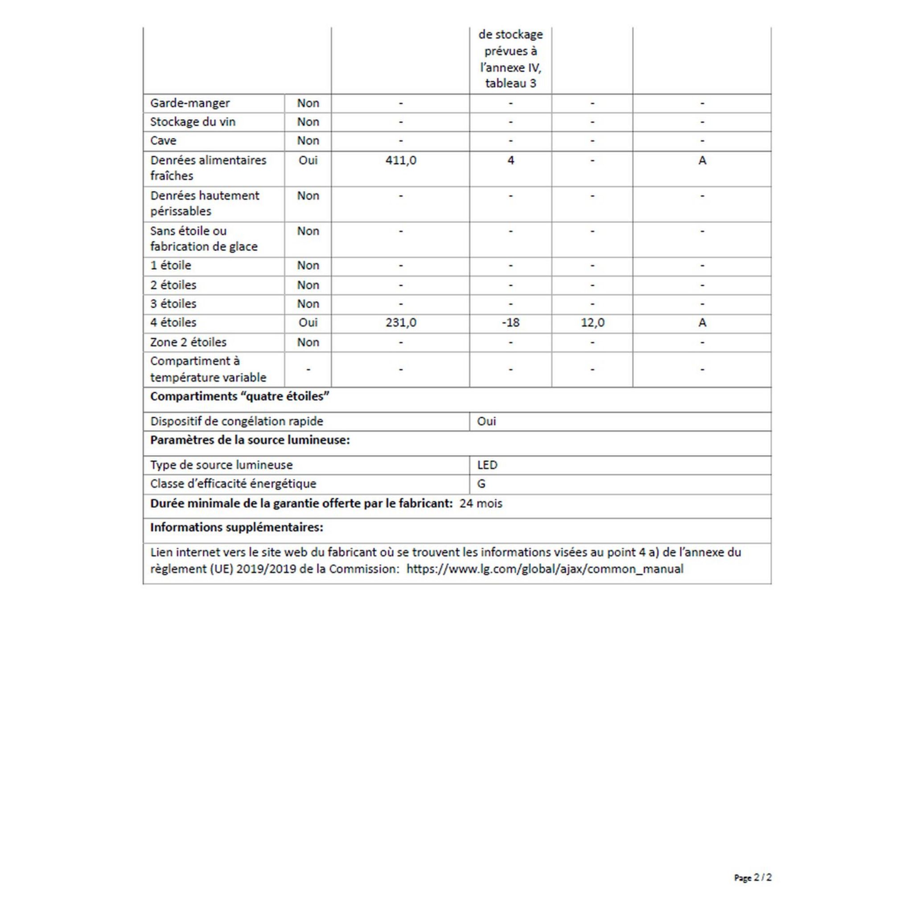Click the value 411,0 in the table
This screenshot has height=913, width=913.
[x=401, y=160]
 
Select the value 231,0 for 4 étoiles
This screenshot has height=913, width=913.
[x=401, y=323]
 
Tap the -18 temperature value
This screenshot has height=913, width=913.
[x=510, y=323]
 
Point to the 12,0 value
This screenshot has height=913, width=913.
[x=592, y=323]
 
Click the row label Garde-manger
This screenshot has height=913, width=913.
[x=190, y=103]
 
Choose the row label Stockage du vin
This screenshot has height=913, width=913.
[x=193, y=122]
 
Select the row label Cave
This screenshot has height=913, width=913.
[x=163, y=141]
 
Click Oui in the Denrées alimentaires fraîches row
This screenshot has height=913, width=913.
[x=308, y=160]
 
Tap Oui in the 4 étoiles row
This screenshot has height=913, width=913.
[x=308, y=323]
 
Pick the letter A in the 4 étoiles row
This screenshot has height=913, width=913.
[x=702, y=323]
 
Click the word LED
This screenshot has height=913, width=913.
[x=487, y=465]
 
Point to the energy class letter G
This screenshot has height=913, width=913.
[x=481, y=484]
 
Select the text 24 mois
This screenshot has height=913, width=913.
[x=481, y=504]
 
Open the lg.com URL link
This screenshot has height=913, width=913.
[x=544, y=569]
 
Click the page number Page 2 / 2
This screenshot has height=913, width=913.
[x=753, y=877]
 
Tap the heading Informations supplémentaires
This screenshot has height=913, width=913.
[x=237, y=527]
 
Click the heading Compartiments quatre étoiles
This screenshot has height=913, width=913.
[x=239, y=396]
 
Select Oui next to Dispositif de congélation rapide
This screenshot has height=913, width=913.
[x=486, y=422]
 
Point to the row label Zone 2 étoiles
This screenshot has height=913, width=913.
[x=188, y=342]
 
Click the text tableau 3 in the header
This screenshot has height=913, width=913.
[x=510, y=84]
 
